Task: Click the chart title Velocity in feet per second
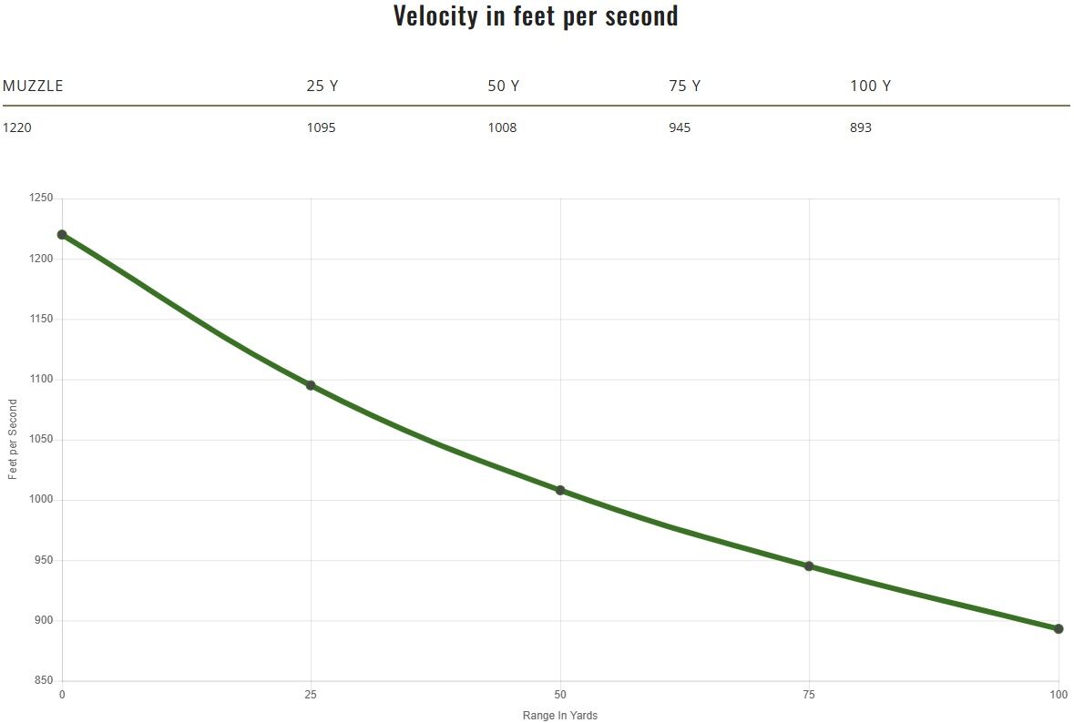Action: point(536,15)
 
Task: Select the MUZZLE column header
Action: point(33,87)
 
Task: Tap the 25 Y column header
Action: point(322,87)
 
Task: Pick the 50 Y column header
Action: point(503,87)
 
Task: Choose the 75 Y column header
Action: point(684,87)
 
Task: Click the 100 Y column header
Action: point(870,87)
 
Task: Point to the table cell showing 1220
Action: point(16,127)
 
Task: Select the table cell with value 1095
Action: point(321,127)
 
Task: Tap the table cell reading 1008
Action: point(502,127)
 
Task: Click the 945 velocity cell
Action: point(680,127)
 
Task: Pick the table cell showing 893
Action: point(861,127)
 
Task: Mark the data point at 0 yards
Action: point(62,235)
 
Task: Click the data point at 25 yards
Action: point(311,385)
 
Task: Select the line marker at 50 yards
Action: point(560,490)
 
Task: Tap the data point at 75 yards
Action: point(809,566)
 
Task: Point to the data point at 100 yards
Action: point(1059,628)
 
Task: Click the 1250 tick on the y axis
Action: point(42,199)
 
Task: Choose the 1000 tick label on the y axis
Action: point(42,500)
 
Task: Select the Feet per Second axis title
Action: point(13,439)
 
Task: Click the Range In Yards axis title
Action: point(560,716)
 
